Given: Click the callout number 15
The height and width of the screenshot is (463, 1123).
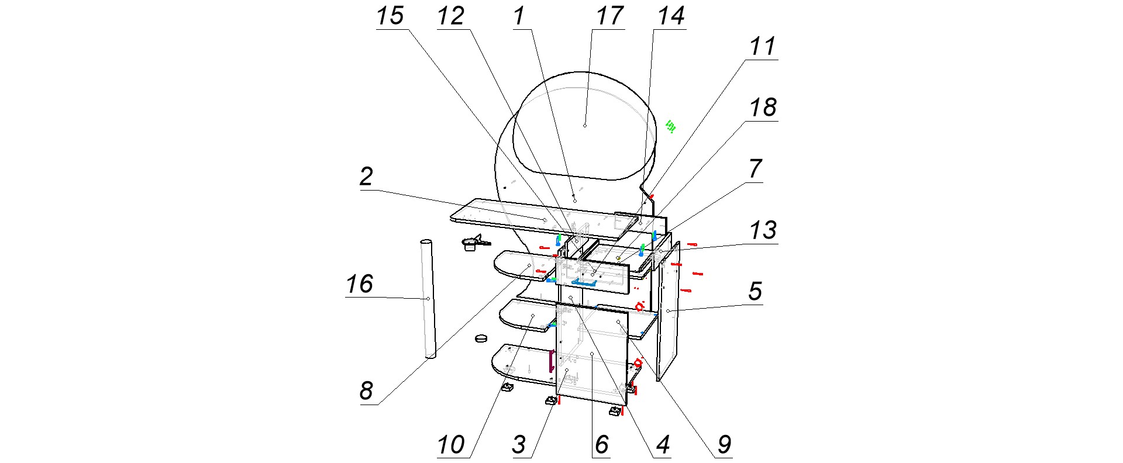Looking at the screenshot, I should pyautogui.click(x=390, y=16).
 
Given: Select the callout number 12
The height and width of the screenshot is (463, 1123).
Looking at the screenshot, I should pyautogui.click(x=451, y=16).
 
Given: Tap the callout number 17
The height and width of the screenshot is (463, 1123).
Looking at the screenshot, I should pyautogui.click(x=609, y=16).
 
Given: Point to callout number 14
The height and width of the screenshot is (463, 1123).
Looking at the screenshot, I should pyautogui.click(x=671, y=16).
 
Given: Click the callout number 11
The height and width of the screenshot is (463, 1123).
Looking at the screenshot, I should pyautogui.click(x=763, y=47).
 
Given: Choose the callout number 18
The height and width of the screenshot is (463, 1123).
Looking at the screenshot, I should pyautogui.click(x=763, y=108).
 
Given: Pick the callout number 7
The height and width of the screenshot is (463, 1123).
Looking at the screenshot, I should pyautogui.click(x=755, y=169).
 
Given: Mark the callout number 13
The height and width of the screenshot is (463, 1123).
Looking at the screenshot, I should pyautogui.click(x=763, y=230).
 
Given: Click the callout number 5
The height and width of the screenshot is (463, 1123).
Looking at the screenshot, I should pyautogui.click(x=755, y=291).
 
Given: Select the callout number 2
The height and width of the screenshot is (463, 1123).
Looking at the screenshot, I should pyautogui.click(x=366, y=177).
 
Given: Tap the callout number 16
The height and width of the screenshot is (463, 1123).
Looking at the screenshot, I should pyautogui.click(x=359, y=285).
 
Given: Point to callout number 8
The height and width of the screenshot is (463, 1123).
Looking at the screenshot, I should pyautogui.click(x=366, y=391).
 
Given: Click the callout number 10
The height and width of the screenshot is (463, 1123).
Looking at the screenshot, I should pyautogui.click(x=451, y=445).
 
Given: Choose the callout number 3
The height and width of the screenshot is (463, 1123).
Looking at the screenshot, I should pyautogui.click(x=519, y=445).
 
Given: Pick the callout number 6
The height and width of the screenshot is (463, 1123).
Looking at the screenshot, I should pyautogui.click(x=602, y=445).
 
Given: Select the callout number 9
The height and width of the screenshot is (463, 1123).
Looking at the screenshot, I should pyautogui.click(x=724, y=445).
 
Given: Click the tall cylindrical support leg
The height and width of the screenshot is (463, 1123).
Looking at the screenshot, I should pyautogui.click(x=428, y=298).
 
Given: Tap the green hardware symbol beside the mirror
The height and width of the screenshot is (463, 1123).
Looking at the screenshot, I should pyautogui.click(x=670, y=126).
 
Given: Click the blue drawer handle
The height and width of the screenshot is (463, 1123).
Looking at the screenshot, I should pyautogui.click(x=584, y=283).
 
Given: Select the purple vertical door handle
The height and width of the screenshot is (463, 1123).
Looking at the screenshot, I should pyautogui.click(x=550, y=361).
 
